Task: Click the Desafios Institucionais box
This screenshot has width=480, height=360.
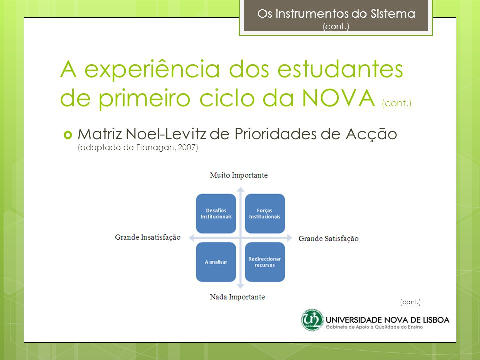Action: pyautogui.click(x=216, y=213)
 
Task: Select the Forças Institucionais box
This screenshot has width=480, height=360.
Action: pyautogui.click(x=265, y=213)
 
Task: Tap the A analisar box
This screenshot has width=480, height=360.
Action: pyautogui.click(x=216, y=262)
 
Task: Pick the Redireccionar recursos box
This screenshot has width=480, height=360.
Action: pyautogui.click(x=265, y=262)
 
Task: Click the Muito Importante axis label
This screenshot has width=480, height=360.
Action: pyautogui.click(x=239, y=175)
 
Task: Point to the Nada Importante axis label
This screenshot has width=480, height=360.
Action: pyautogui.click(x=237, y=297)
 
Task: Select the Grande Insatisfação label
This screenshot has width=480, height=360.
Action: pyautogui.click(x=148, y=237)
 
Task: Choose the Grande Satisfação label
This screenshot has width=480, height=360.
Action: pyautogui.click(x=329, y=239)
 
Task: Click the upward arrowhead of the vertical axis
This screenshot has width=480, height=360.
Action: pyautogui.click(x=240, y=189)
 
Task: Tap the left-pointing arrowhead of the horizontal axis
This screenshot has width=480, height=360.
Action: pyautogui.click(x=192, y=238)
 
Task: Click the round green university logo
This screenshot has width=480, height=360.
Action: pyautogui.click(x=312, y=320)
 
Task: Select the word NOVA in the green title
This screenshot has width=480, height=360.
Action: pyautogui.click(x=338, y=98)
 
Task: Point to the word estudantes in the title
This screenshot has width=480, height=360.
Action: pyautogui.click(x=340, y=69)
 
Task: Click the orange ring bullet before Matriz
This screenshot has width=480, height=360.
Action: pyautogui.click(x=68, y=135)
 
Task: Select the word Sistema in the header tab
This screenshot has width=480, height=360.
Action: pyautogui.click(x=393, y=14)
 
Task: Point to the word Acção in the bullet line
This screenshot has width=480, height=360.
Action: pyautogui.click(x=371, y=134)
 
